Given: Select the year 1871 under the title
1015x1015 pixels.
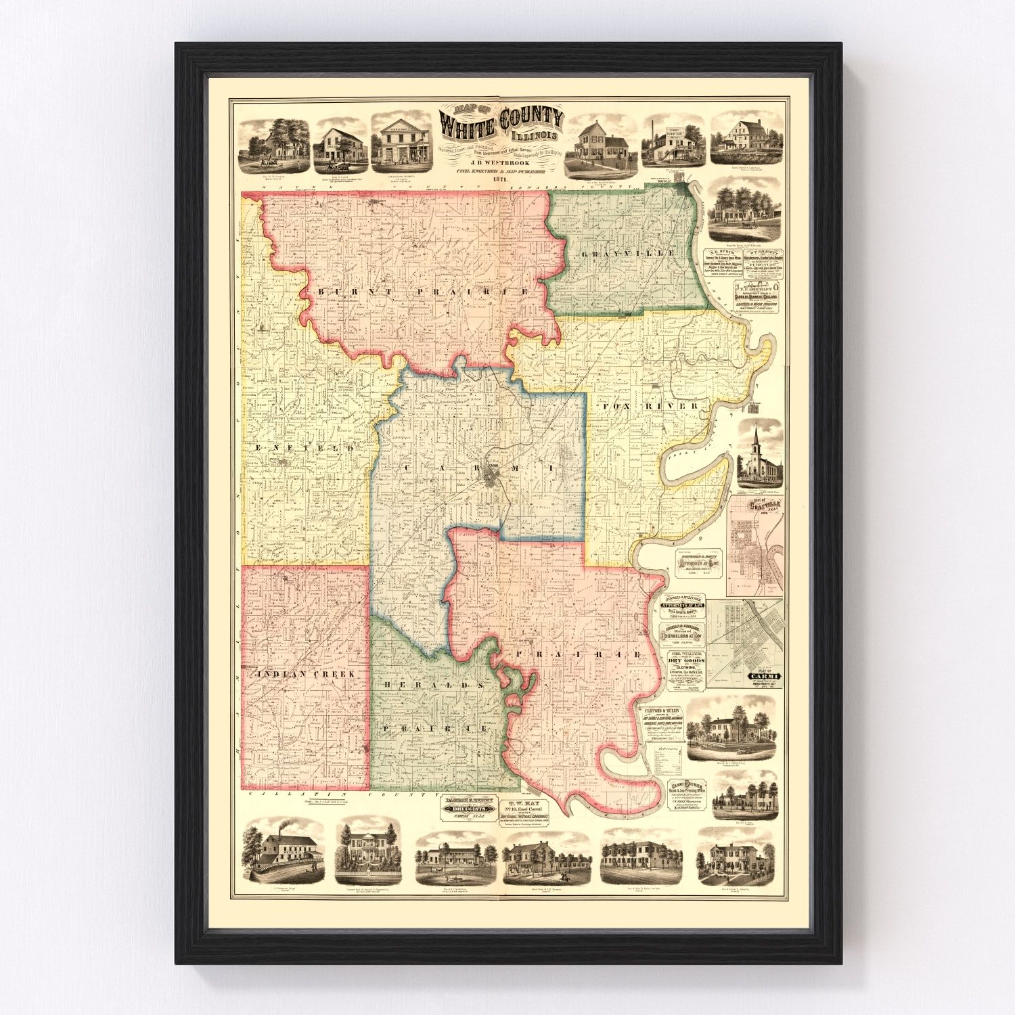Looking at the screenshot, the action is (x=501, y=180).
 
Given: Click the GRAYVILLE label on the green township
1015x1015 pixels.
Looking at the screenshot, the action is (x=628, y=252).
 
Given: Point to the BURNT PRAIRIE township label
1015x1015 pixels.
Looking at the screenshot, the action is (x=422, y=292).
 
